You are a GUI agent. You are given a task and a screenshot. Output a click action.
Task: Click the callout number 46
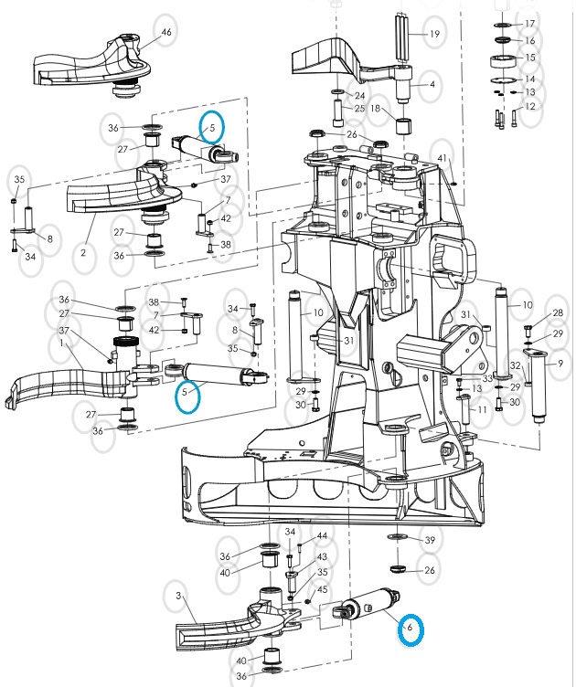[x=165, y=33]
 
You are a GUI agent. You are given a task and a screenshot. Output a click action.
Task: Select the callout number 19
[x=434, y=34]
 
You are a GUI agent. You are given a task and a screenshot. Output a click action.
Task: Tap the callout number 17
[x=529, y=24]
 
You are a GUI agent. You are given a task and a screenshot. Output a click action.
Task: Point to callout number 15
[x=529, y=58]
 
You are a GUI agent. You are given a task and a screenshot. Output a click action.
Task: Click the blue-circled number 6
[x=411, y=629]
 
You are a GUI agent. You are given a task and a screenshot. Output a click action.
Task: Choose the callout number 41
[x=443, y=159]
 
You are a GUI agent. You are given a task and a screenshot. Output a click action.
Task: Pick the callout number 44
[x=322, y=536]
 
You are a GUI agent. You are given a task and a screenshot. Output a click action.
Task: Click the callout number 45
[x=322, y=590]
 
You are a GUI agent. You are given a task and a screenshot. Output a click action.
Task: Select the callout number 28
[x=557, y=313]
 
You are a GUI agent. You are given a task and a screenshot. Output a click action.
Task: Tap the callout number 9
[x=560, y=364]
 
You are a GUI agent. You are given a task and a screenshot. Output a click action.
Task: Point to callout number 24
[x=359, y=96]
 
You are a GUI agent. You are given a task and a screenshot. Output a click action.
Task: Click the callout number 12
[x=530, y=107]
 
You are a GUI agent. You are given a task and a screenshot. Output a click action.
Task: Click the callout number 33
[x=487, y=377]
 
